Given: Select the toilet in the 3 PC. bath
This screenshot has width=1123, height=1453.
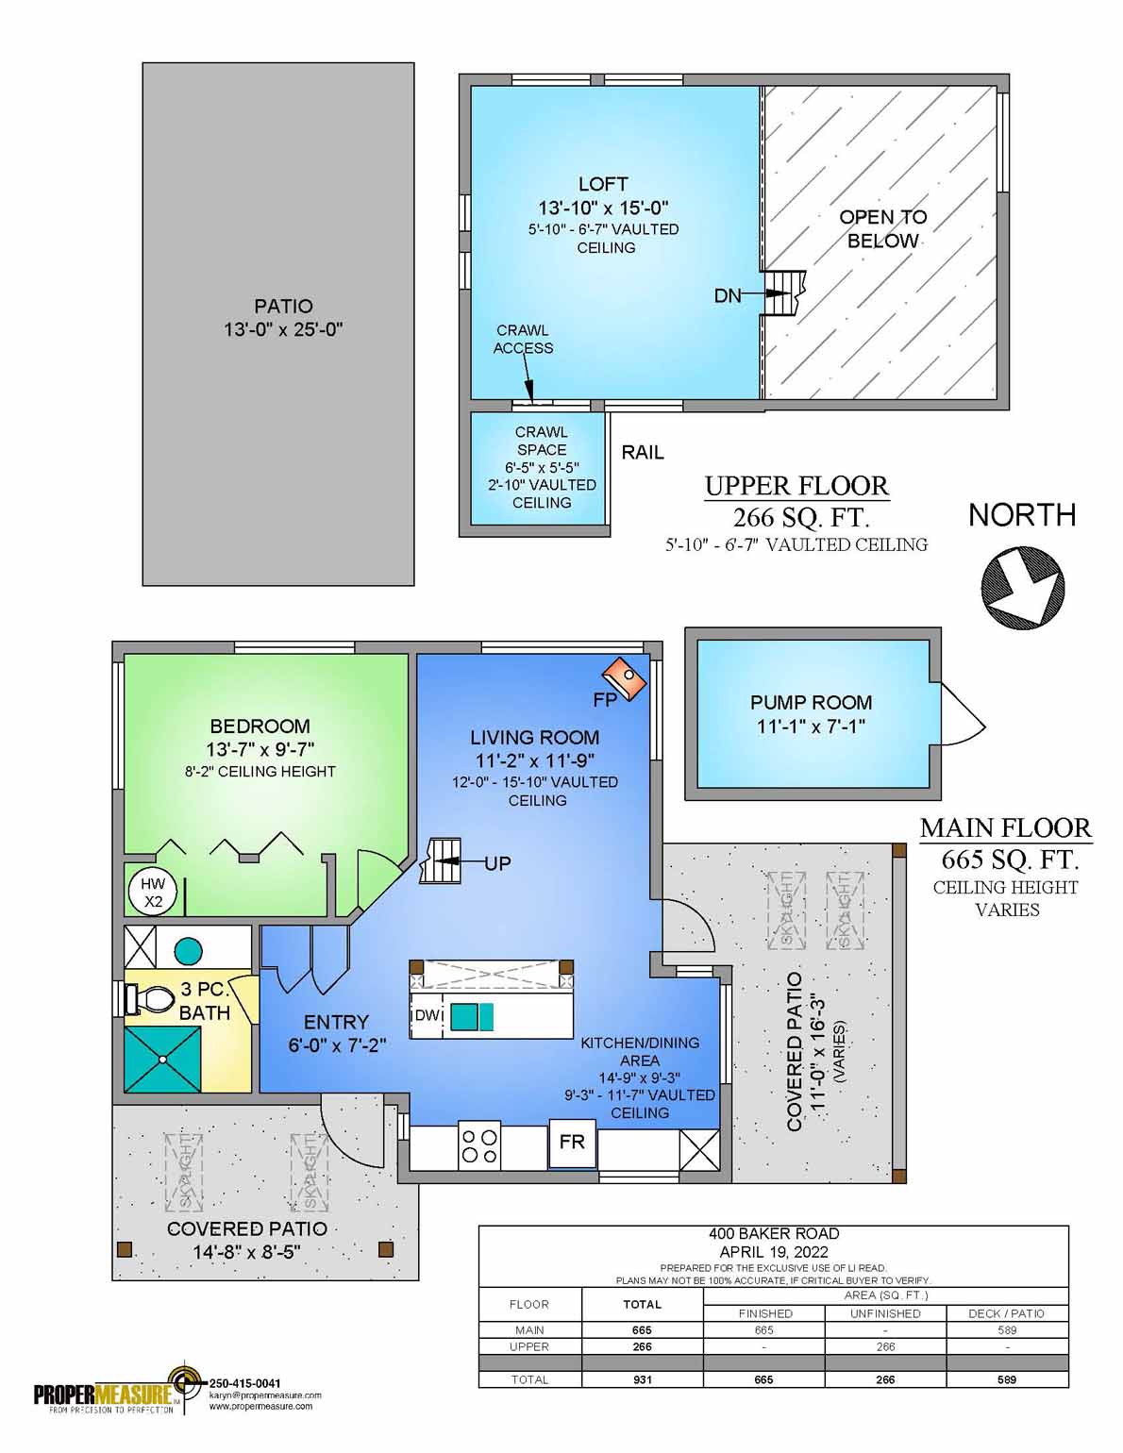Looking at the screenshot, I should [x=151, y=997].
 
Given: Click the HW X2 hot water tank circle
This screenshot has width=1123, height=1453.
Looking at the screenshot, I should [x=152, y=892].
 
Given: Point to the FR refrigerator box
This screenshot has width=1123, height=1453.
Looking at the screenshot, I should [x=572, y=1142].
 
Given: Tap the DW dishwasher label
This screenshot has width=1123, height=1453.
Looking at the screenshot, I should [x=427, y=1015].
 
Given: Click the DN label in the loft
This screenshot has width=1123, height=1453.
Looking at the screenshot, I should [x=727, y=296].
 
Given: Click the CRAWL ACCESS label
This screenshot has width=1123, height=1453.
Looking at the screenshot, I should [x=523, y=339].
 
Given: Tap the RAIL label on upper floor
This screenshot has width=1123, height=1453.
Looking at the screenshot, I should [x=642, y=453].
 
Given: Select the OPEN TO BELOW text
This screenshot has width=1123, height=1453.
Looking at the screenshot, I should [x=882, y=228].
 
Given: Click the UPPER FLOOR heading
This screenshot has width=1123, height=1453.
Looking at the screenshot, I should [x=796, y=486].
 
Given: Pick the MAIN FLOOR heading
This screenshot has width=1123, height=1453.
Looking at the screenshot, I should [x=1005, y=828].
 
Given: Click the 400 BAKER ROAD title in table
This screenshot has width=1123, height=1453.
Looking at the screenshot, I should [x=773, y=1233].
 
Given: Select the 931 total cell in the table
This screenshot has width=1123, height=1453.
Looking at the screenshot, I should [x=642, y=1378].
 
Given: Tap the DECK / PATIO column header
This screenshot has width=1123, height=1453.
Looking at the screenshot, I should [x=1006, y=1312].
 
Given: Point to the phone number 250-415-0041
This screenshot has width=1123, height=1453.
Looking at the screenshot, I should [x=243, y=1383].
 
